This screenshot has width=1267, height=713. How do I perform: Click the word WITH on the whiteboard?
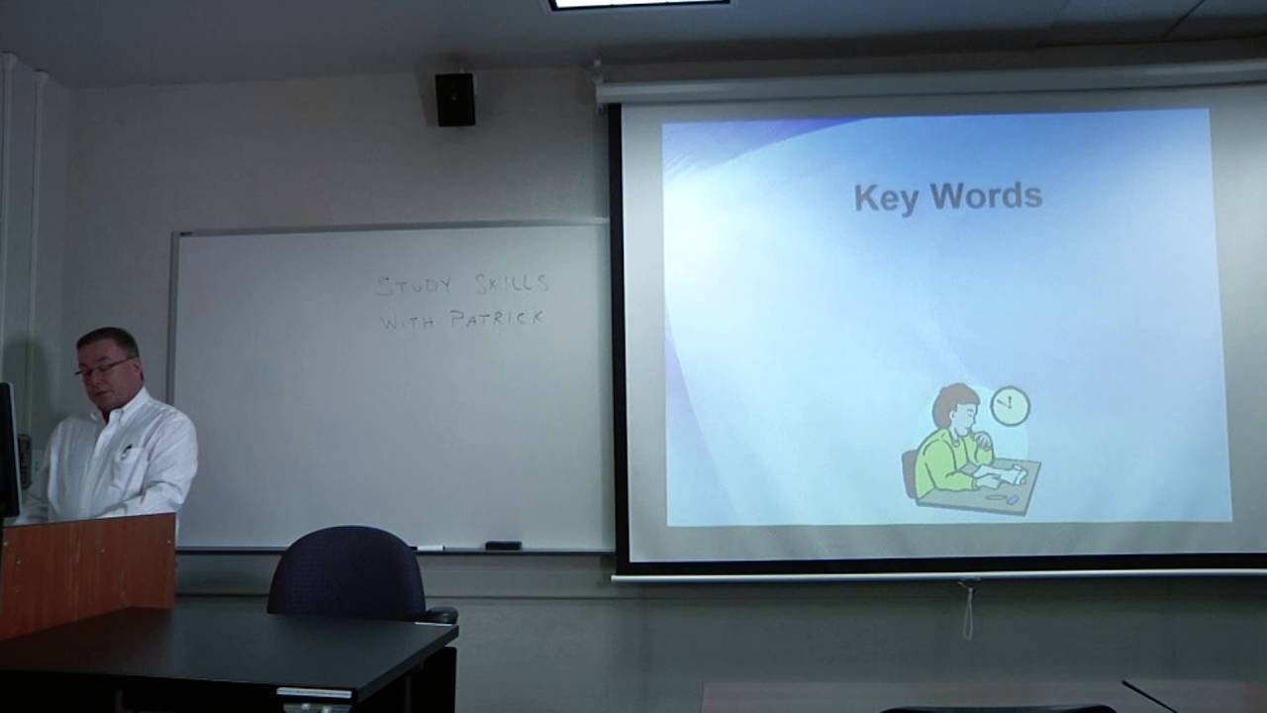pyautogui.click(x=406, y=320)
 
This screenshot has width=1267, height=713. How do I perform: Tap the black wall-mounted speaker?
pyautogui.click(x=455, y=99)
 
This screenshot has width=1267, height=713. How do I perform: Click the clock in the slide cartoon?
pyautogui.click(x=1010, y=405)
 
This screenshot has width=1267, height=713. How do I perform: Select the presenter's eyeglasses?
pyautogui.click(x=102, y=368)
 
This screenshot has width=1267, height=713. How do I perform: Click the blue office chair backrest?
pyautogui.click(x=345, y=571)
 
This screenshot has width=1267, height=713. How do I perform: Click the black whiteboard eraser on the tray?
pyautogui.click(x=503, y=545)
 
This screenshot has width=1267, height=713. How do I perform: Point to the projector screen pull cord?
pyautogui.click(x=967, y=609)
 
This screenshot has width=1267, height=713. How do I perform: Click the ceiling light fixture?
pyautogui.click(x=639, y=4)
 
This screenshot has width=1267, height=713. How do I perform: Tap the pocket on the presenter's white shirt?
pyautogui.click(x=127, y=455)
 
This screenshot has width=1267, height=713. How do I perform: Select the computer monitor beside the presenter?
pyautogui.click(x=8, y=451)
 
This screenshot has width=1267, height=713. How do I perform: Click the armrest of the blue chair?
pyautogui.click(x=439, y=614)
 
